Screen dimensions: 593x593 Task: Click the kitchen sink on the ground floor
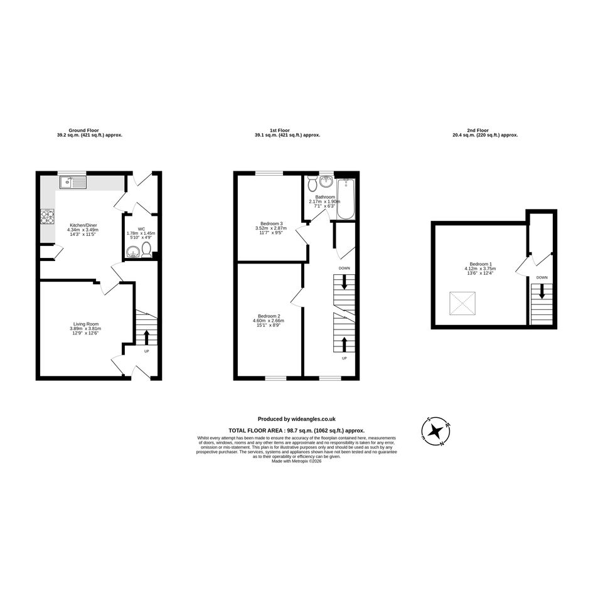[x=73, y=183]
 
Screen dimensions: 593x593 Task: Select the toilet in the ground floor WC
[x=146, y=250]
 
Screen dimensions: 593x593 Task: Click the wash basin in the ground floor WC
[x=133, y=252]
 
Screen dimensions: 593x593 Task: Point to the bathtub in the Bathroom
[x=345, y=199]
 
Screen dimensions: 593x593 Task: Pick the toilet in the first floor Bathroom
[x=313, y=183]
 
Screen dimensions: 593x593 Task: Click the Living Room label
[x=86, y=324]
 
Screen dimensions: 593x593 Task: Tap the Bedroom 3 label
[x=272, y=223]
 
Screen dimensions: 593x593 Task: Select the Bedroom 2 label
[x=269, y=316]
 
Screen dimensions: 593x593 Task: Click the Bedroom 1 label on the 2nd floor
[x=481, y=264]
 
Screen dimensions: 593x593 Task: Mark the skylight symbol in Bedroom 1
[x=462, y=303]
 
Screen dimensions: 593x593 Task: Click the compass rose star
[x=436, y=430]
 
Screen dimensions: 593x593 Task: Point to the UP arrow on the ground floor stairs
[x=146, y=338]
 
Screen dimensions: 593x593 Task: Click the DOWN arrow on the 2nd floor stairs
[x=542, y=291]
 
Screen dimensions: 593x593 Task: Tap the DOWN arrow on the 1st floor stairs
[x=344, y=282]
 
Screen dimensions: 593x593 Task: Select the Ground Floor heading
[x=83, y=130]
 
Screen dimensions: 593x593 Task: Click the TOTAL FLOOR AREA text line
[x=296, y=430]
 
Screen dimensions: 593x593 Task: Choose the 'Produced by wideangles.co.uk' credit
[x=296, y=419]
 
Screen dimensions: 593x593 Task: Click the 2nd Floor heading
[x=478, y=130]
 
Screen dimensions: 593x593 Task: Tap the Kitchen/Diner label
[x=82, y=225]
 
